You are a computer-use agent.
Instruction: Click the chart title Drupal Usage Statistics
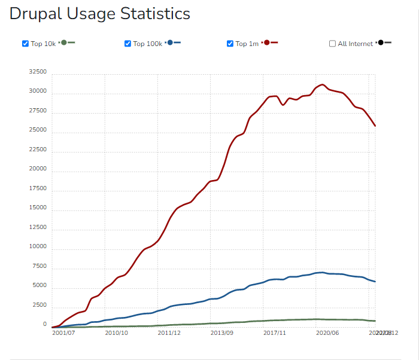(x=100, y=14)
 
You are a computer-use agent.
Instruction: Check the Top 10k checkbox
(x=25, y=44)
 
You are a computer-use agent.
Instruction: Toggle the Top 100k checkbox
(x=127, y=44)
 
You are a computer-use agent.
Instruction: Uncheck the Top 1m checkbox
(x=230, y=44)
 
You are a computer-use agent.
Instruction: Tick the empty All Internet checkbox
(x=332, y=44)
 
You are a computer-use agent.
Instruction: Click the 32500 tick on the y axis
(x=38, y=72)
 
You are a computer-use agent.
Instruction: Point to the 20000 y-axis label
(x=38, y=169)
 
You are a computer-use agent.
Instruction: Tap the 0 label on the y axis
(x=44, y=324)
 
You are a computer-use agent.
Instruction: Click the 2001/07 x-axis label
(x=63, y=332)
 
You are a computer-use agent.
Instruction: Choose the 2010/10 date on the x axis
(x=116, y=332)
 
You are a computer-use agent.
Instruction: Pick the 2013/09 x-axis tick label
(x=222, y=332)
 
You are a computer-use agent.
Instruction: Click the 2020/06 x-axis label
(x=327, y=332)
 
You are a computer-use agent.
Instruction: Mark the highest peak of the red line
(x=323, y=85)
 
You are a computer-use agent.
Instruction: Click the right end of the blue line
(x=375, y=282)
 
